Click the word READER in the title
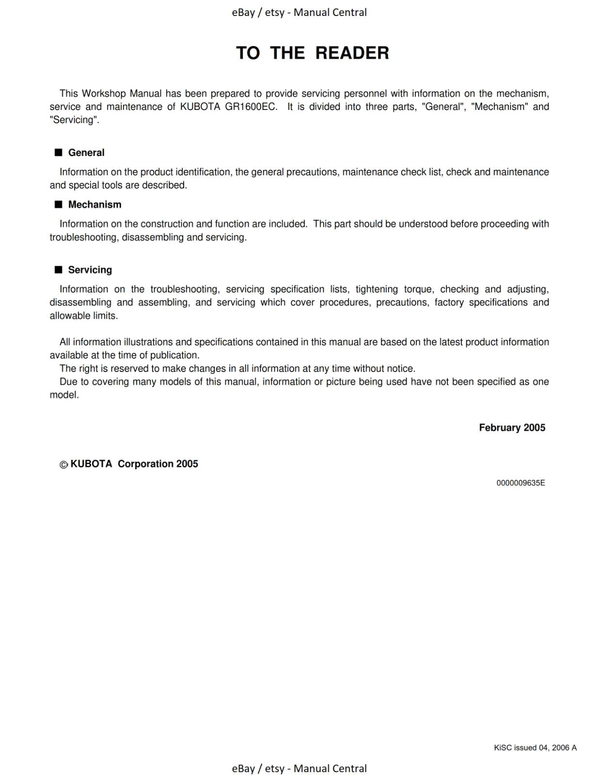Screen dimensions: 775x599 [x=352, y=53]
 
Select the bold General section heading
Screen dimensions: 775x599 [x=86, y=153]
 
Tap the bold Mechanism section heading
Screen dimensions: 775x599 [x=95, y=204]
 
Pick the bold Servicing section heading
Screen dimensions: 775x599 [x=90, y=270]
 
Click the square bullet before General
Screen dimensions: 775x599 [x=59, y=153]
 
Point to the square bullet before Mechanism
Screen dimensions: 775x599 [x=59, y=204]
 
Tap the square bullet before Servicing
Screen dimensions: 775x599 [x=59, y=270]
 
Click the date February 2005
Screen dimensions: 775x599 [x=512, y=428]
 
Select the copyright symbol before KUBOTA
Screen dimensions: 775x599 [x=63, y=465]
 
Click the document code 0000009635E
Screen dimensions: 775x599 [x=520, y=483]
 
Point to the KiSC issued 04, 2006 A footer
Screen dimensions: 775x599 [x=535, y=747]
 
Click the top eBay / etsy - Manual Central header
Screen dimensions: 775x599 [x=299, y=12]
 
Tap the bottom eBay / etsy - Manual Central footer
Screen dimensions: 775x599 [x=299, y=768]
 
